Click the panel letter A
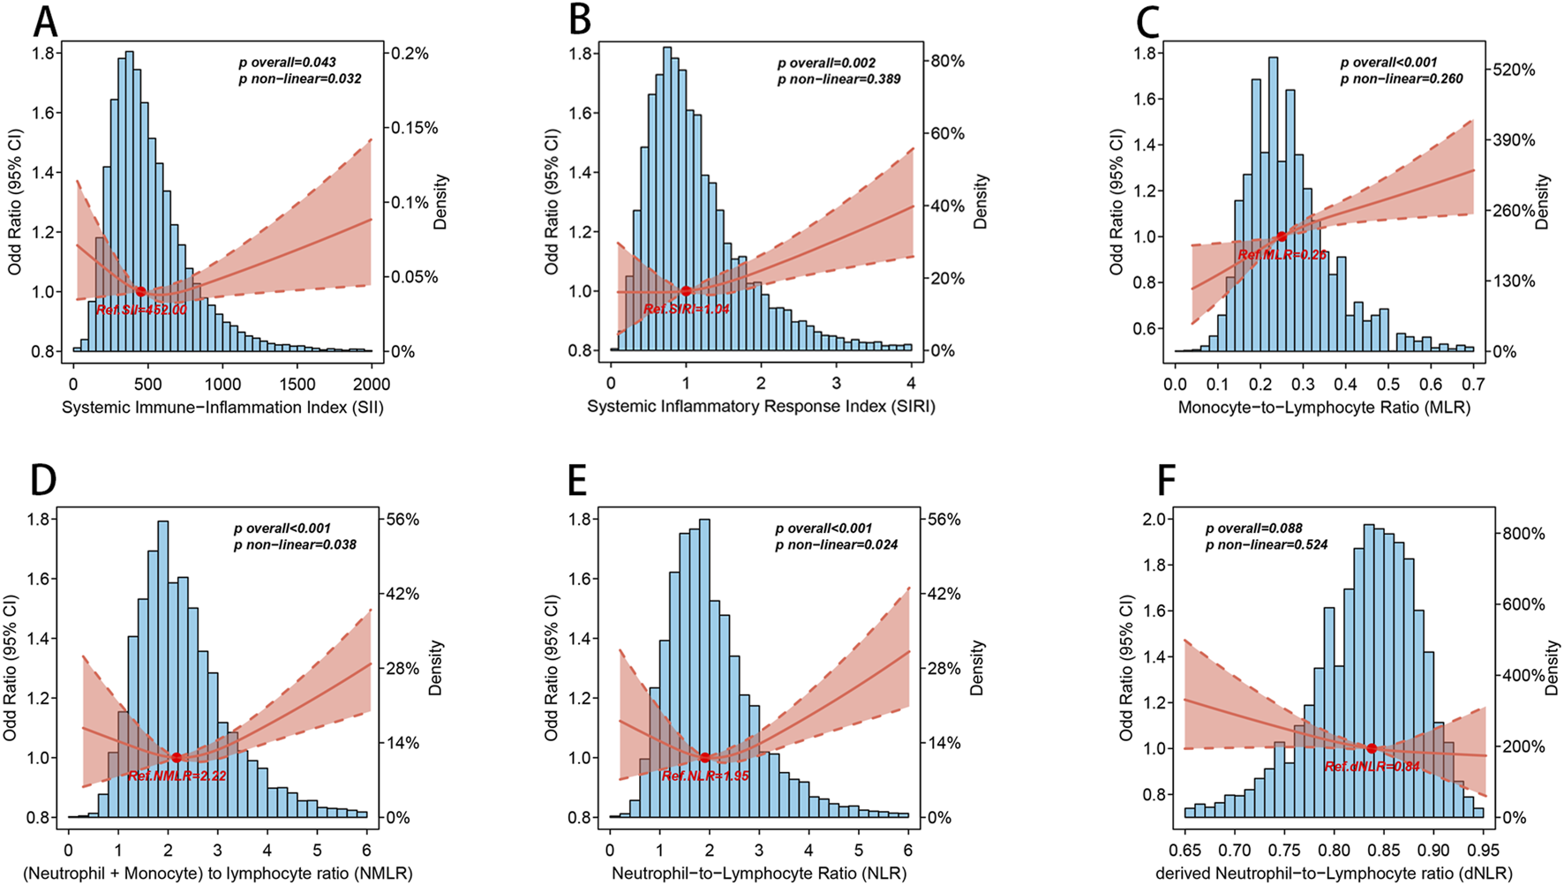coord(45,22)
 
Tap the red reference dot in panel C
coord(1282,236)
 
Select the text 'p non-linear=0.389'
coord(838,79)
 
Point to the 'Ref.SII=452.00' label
coord(141,310)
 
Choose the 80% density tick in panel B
coord(946,61)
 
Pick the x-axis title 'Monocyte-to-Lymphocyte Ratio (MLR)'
coord(1324,407)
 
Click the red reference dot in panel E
coord(704,758)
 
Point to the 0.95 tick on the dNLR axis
coord(1483,850)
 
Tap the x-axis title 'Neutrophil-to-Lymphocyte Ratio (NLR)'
coord(759,874)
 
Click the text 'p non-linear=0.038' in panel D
coord(295,544)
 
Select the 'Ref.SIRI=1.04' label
coord(687,310)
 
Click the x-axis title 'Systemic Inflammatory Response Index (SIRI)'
coord(761,407)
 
